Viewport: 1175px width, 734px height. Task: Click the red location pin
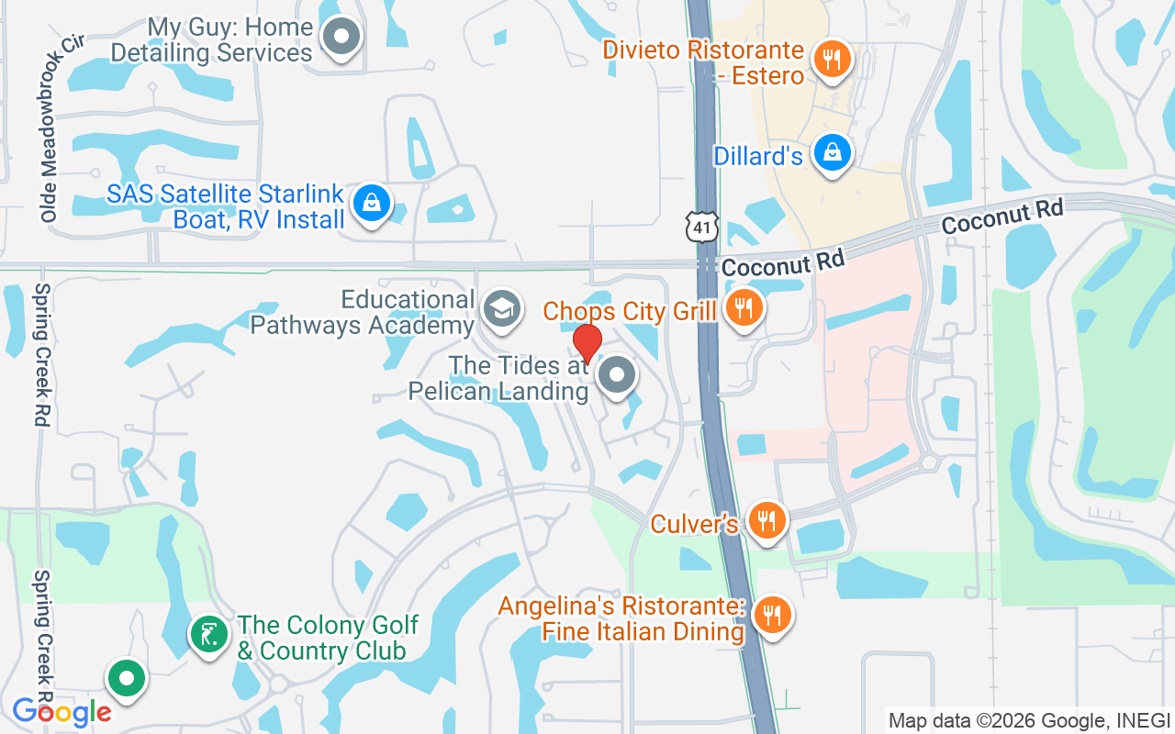pyautogui.click(x=587, y=343)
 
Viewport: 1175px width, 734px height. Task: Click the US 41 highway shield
pyautogui.click(x=701, y=225)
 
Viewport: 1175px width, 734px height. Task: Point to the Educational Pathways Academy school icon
pyautogui.click(x=501, y=309)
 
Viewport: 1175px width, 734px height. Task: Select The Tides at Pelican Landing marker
pyautogui.click(x=617, y=375)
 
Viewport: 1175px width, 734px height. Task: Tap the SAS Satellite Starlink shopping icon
pyautogui.click(x=372, y=204)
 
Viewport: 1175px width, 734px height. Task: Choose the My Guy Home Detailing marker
pyautogui.click(x=342, y=37)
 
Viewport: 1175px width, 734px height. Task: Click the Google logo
pyautogui.click(x=62, y=712)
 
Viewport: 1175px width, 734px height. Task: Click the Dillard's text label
pyautogui.click(x=758, y=156)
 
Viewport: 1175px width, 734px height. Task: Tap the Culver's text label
pyautogui.click(x=695, y=524)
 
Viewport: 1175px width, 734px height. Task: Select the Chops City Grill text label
pyautogui.click(x=630, y=311)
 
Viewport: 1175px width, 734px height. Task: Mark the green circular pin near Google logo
pyautogui.click(x=127, y=679)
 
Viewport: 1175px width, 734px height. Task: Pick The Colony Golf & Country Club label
pyautogui.click(x=322, y=638)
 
